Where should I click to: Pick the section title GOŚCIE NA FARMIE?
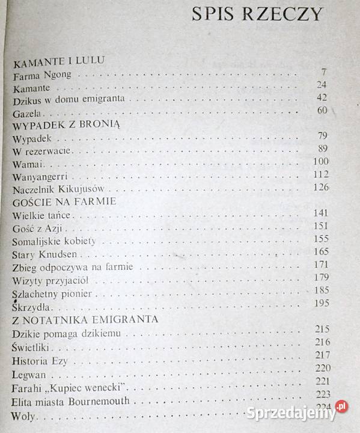click(x=64, y=201)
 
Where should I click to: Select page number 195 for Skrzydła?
click(x=322, y=302)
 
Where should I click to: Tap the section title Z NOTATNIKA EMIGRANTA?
click(x=85, y=319)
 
